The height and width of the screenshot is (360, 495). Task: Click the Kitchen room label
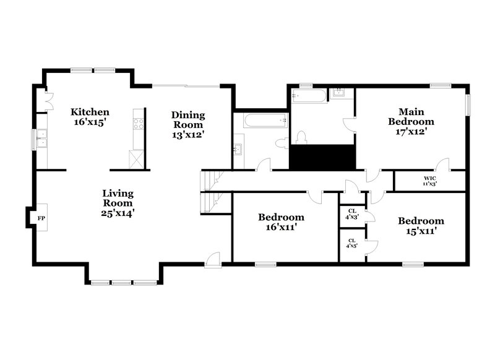(x=90, y=117)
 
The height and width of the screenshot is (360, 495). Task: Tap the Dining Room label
(x=188, y=124)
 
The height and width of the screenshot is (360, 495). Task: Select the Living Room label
(x=118, y=203)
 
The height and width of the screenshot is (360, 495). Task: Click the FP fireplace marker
(x=41, y=218)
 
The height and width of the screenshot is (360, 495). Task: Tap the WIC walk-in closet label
(x=429, y=181)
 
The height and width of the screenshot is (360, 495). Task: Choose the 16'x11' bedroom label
(x=281, y=222)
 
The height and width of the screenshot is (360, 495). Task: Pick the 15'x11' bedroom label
(x=420, y=226)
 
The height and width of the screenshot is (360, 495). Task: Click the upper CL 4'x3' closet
(x=351, y=213)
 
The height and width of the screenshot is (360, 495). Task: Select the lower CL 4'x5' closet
(x=351, y=243)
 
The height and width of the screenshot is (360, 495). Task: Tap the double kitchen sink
(x=42, y=139)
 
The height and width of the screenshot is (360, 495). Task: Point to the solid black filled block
(x=321, y=156)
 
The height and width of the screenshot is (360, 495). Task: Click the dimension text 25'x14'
(x=118, y=213)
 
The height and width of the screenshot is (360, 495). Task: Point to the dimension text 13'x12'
(x=188, y=134)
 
